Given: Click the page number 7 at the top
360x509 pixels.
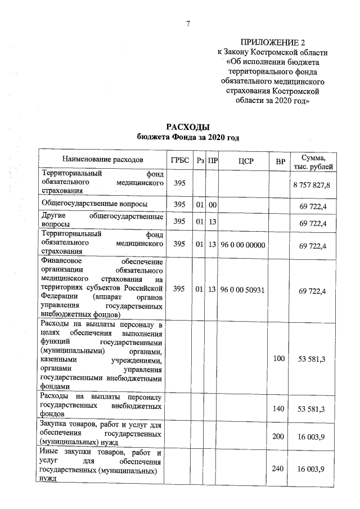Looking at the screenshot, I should coord(188,23).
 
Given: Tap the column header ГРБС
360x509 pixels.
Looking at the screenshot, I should coord(179,160).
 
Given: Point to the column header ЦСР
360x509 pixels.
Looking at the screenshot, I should coord(244,161).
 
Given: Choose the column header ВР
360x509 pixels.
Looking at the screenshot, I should coord(279,161).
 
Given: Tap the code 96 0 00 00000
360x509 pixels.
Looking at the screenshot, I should coord(244,245).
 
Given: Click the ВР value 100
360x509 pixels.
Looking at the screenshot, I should coord(279,358).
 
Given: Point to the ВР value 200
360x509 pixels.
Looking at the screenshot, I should coord(279,436).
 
